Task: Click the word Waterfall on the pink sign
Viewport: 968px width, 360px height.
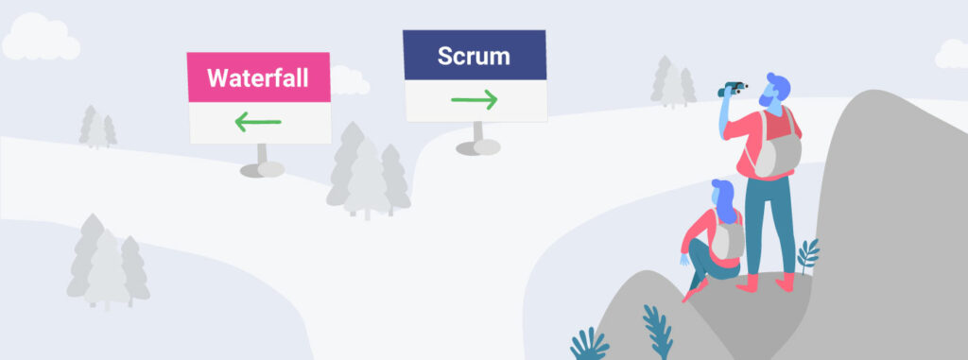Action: (258, 77)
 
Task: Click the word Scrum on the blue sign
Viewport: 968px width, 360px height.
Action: (474, 55)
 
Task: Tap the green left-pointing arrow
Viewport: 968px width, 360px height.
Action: (258, 122)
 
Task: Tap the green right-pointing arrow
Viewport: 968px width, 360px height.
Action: (475, 99)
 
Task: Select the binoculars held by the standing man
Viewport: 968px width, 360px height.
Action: (733, 89)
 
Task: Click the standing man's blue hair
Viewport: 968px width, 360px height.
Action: (777, 82)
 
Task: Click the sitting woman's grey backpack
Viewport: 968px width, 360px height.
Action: (727, 240)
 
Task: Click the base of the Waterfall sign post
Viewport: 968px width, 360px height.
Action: (261, 170)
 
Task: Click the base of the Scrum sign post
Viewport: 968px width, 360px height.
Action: (477, 146)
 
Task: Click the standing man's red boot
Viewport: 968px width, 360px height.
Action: (784, 282)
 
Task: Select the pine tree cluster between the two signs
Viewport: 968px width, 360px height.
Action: (368, 175)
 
